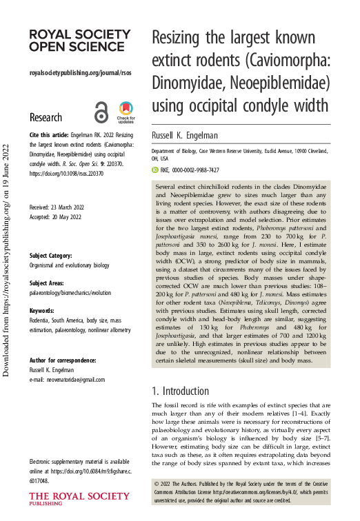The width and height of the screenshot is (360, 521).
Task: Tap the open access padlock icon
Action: (x=101, y=112)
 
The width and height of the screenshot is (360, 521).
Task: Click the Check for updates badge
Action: (x=126, y=112)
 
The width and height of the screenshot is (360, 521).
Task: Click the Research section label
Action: (x=46, y=117)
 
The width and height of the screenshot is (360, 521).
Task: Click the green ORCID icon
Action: (x=155, y=170)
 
